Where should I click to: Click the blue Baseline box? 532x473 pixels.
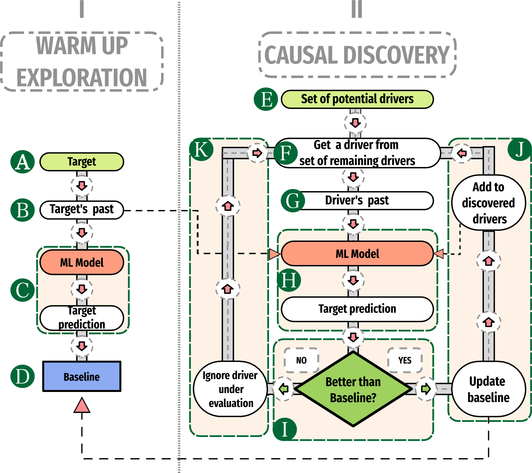(82, 376)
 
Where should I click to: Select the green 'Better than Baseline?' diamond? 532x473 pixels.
(353, 389)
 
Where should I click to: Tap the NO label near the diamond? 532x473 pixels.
(301, 360)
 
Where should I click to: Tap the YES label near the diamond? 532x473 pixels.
(405, 360)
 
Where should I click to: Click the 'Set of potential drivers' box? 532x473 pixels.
(357, 99)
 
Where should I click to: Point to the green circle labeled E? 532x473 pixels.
(266, 99)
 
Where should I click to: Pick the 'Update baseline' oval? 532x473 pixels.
(488, 389)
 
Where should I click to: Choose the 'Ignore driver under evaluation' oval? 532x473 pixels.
(231, 389)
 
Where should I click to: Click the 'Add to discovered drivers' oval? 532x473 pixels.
(488, 203)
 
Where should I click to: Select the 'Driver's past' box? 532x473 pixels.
(357, 200)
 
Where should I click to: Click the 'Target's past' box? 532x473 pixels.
(82, 209)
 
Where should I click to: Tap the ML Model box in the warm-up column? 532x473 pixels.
(82, 263)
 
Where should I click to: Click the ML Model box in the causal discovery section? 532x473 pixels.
(357, 254)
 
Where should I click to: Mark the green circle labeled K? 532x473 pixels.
(201, 149)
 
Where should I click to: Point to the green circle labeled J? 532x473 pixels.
(519, 149)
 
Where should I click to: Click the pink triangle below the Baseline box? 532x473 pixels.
(82, 405)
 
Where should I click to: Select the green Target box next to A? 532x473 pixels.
(82, 162)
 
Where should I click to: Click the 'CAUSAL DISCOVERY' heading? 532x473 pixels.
(357, 55)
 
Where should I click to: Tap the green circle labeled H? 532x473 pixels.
(289, 280)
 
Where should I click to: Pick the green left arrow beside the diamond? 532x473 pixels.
(283, 389)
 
